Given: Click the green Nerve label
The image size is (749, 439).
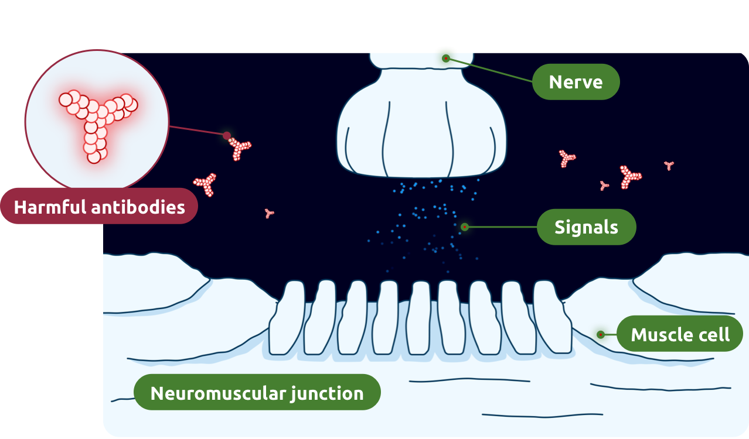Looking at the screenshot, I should (576, 82).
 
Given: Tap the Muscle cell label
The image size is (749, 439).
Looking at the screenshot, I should (680, 335).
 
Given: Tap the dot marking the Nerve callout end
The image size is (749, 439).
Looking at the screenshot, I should (446, 59).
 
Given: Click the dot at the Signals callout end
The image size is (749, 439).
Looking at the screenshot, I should (464, 227).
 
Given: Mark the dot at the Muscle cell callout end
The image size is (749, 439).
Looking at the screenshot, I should (601, 335).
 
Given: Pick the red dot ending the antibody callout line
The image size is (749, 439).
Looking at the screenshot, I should (227, 136).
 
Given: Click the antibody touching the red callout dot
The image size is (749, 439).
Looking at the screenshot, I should (240, 150).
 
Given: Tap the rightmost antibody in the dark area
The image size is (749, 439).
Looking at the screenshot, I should (669, 165).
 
